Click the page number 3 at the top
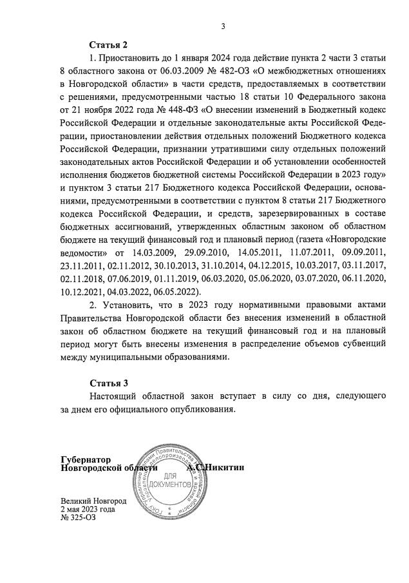pos(222,26)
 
